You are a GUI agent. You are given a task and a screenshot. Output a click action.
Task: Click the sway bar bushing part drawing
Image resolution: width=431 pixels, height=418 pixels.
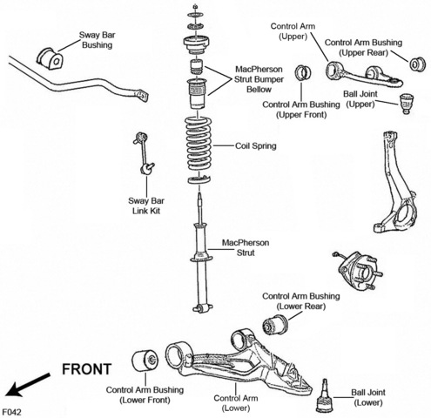[50, 58]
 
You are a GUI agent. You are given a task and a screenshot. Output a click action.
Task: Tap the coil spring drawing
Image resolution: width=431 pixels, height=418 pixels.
[199, 144]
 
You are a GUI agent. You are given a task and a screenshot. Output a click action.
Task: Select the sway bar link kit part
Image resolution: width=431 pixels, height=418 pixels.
[144, 153]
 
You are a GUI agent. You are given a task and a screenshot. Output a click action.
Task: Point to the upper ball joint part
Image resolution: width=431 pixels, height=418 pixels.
[407, 104]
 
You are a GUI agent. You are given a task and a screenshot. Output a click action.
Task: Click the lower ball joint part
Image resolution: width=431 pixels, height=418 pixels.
[326, 395]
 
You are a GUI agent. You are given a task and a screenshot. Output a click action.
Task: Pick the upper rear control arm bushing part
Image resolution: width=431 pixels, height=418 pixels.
[418, 64]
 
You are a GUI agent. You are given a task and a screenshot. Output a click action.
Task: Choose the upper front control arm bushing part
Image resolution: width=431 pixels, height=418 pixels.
[303, 73]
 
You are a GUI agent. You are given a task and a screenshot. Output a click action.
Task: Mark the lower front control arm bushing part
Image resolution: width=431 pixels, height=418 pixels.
[145, 361]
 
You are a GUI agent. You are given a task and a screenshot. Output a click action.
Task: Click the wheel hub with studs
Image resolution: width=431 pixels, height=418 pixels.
[359, 271]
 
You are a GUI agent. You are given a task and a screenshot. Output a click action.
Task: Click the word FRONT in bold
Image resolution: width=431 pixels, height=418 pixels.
[87, 369]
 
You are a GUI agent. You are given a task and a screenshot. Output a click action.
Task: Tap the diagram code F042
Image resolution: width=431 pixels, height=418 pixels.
[11, 412]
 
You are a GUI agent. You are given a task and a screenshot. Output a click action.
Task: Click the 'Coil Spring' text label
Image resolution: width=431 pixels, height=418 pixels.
[255, 145]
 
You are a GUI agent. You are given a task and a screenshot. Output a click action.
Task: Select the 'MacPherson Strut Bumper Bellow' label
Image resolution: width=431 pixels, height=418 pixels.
[259, 79]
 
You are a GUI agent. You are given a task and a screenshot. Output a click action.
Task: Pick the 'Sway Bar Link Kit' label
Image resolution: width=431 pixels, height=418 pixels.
[146, 206]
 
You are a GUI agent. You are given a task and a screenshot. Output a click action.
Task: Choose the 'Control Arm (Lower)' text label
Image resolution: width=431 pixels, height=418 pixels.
[236, 403]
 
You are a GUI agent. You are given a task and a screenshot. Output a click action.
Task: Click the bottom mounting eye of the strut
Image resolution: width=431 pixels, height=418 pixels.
[203, 308]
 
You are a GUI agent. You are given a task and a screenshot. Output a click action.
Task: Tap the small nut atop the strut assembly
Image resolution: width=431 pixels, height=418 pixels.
[195, 6]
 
